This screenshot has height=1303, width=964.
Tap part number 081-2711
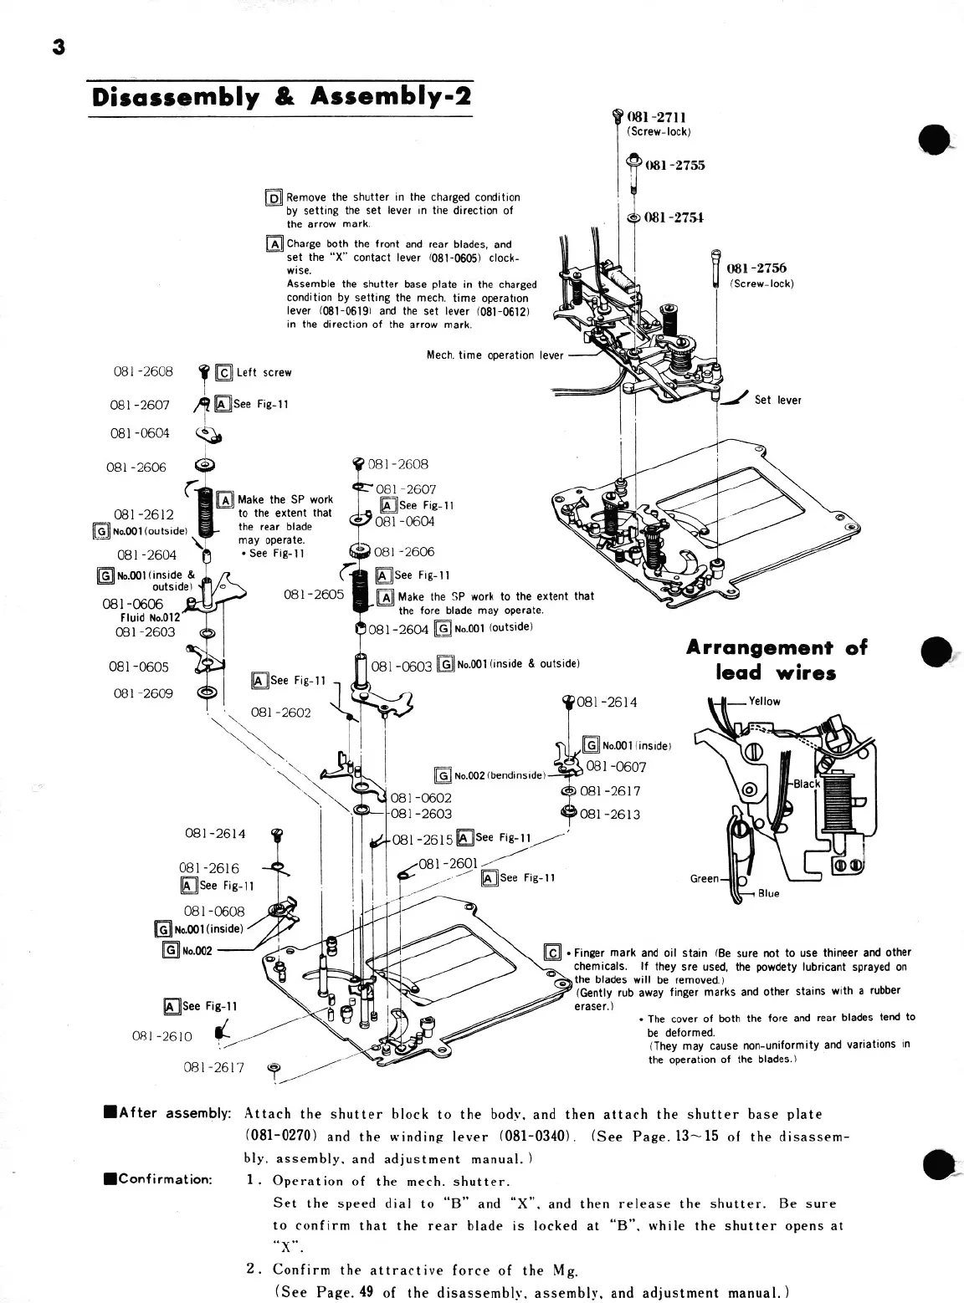(x=663, y=118)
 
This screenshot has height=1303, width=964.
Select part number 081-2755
(x=674, y=165)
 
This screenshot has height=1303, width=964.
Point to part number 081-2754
(x=674, y=217)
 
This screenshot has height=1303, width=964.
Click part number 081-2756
(x=756, y=268)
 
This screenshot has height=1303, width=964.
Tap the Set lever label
(x=777, y=400)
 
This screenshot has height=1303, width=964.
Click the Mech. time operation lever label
(x=492, y=355)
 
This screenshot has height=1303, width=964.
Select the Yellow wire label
(x=764, y=702)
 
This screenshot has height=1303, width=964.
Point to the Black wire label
(x=807, y=784)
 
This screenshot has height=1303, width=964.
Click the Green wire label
(x=704, y=878)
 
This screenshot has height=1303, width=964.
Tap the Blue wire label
(x=768, y=893)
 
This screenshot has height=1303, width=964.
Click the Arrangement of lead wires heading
(x=777, y=660)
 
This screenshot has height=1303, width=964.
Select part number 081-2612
(x=144, y=514)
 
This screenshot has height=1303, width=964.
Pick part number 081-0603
(x=401, y=667)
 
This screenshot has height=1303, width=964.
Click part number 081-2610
(x=162, y=1036)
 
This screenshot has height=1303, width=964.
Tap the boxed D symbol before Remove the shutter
(x=273, y=198)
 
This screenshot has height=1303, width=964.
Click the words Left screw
(x=264, y=373)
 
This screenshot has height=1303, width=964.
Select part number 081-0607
(x=616, y=767)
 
